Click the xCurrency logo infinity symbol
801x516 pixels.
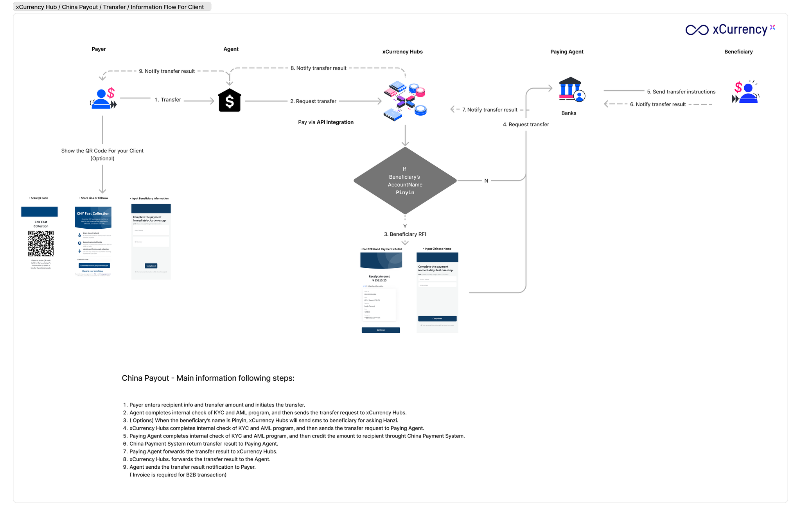tap(697, 30)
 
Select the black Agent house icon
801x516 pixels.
tap(230, 101)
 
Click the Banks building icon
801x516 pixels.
tap(571, 90)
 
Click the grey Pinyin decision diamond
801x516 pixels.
tap(405, 181)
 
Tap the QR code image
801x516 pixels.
tap(41, 244)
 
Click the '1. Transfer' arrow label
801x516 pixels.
tap(168, 100)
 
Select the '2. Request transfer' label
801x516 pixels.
tap(313, 101)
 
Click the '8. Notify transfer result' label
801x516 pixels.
tap(318, 68)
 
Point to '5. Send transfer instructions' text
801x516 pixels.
tap(681, 92)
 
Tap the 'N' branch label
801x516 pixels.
tap(486, 181)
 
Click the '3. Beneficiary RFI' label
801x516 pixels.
tap(405, 234)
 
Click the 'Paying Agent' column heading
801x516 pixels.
tap(567, 52)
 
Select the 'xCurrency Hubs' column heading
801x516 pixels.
tap(402, 52)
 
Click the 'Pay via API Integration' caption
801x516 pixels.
tap(326, 122)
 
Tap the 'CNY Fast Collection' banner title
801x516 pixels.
tap(93, 213)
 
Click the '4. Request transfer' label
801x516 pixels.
tap(526, 125)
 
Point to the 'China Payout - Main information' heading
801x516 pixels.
tap(208, 378)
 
